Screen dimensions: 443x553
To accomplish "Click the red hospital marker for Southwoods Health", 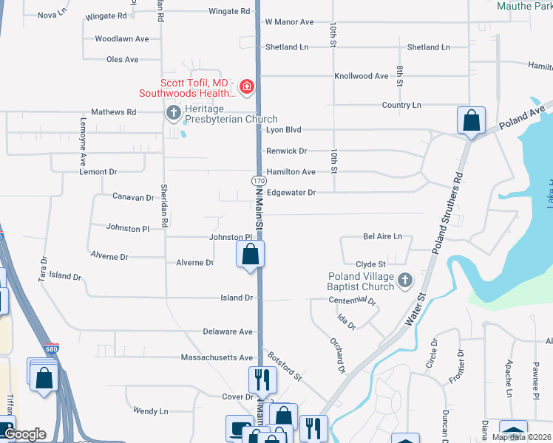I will [x=246, y=89].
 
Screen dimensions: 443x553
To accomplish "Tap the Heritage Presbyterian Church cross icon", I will [x=173, y=113].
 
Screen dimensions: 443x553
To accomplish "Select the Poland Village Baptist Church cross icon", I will [x=404, y=281].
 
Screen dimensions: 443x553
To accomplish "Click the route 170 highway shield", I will [x=258, y=181].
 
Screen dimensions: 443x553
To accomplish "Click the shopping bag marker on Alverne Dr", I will [x=251, y=255].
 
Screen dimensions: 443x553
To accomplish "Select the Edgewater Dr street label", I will [x=291, y=193].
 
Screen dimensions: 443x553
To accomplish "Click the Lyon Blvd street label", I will [x=284, y=129].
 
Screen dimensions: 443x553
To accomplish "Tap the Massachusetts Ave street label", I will [x=217, y=357].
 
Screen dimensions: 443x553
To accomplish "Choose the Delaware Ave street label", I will [x=228, y=332].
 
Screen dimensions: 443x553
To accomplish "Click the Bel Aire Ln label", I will [x=382, y=237].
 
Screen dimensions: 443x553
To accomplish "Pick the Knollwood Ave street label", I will [x=361, y=76].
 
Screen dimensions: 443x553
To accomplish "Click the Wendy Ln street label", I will [x=151, y=411].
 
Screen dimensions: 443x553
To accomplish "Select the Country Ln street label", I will [x=401, y=106].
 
